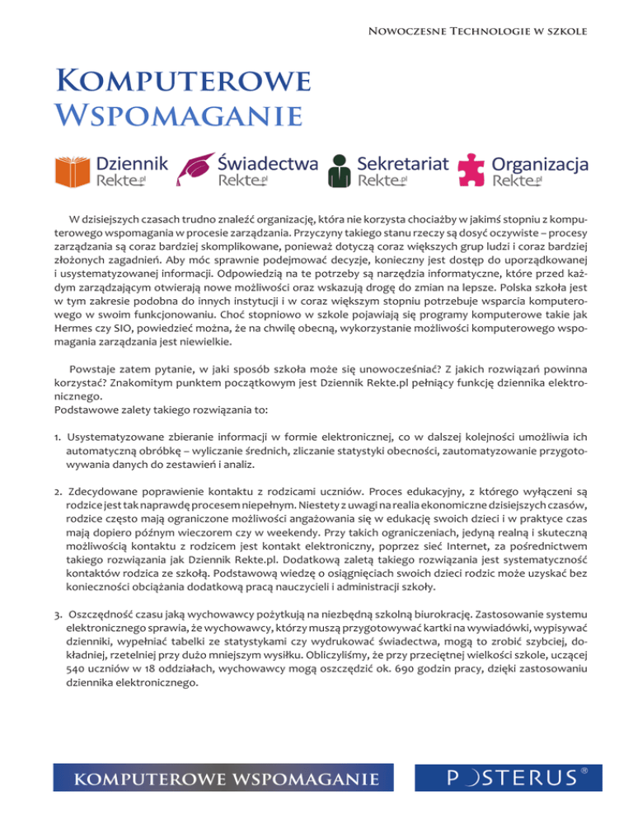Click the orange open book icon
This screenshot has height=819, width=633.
pos(72,169)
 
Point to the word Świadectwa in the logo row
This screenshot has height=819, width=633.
pos(268,162)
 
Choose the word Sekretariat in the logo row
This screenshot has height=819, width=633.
pos(404,162)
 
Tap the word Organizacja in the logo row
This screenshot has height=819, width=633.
pos(540,163)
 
